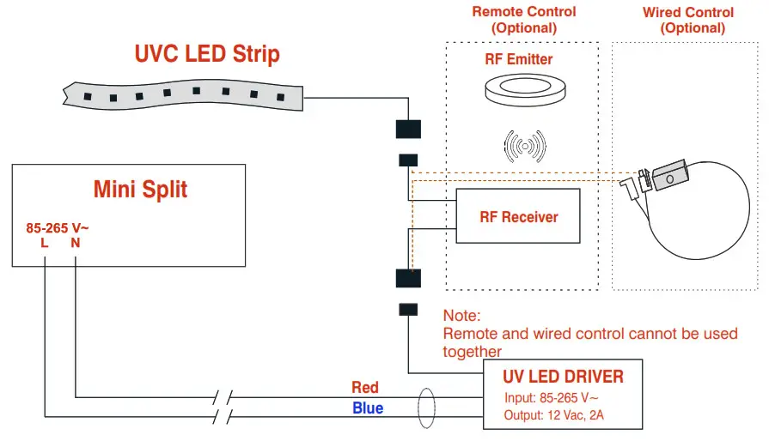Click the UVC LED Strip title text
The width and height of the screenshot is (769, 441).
pos(207,54)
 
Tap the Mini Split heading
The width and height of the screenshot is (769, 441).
pos(140,189)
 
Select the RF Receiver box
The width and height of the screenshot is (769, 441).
pos(518,217)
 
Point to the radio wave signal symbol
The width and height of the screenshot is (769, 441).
pos(524,146)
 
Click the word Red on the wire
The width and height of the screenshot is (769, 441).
pos(364,388)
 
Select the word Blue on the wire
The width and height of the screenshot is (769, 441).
pos(367,408)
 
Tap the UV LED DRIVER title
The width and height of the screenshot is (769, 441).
pos(564,377)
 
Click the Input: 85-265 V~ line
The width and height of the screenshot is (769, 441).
pos(552,398)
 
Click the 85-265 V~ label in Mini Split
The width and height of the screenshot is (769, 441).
pos(58,228)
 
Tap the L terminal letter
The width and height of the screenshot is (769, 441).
pos(45,244)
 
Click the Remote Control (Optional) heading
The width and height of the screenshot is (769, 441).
pos(524,20)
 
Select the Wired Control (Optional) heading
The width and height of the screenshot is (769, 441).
pos(688,20)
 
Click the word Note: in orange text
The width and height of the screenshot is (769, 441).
pos(462,317)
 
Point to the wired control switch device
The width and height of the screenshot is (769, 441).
pos(668,177)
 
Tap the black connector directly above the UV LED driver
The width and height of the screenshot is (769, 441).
pos(409,310)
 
